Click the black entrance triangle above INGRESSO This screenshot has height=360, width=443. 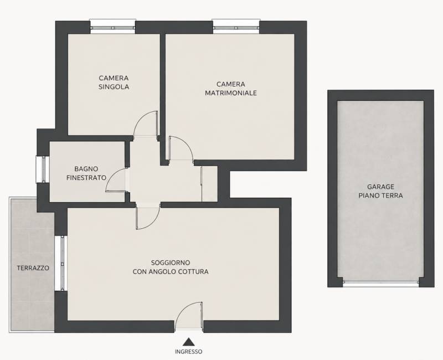point(188,342)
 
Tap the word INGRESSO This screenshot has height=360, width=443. point(188,352)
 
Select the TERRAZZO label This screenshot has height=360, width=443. point(33,268)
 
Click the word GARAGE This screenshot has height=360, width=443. point(380,187)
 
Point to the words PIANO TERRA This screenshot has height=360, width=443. point(380,196)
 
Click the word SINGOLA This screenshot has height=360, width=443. point(114,87)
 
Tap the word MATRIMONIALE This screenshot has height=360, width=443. point(231,93)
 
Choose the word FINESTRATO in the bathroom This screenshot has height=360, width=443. point(86,178)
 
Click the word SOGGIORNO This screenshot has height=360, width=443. point(171,263)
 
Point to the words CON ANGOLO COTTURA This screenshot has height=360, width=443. point(171,272)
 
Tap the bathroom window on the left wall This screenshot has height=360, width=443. point(43,169)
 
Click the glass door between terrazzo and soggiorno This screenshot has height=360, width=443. point(60,263)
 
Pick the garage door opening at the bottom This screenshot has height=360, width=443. point(380,282)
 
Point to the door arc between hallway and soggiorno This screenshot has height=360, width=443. point(154,223)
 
